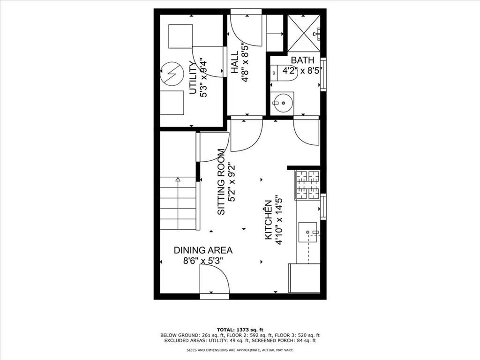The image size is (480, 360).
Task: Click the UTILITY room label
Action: point(192,78)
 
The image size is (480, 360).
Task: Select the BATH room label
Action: point(302,60)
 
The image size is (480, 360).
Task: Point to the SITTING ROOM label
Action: point(221,182)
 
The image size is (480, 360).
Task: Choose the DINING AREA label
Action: point(203,250)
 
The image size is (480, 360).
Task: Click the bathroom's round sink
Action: point(283,103)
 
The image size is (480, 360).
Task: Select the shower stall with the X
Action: point(303,33)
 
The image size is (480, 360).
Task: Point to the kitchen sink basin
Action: point(308,232)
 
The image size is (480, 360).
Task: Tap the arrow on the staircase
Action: point(178,179)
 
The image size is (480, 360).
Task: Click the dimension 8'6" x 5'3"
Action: point(203,261)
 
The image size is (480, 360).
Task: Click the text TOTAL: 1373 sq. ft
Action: point(240,329)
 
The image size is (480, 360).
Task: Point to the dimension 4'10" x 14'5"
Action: point(279,220)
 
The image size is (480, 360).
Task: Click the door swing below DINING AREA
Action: point(214,281)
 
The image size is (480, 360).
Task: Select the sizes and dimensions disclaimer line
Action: point(240,350)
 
